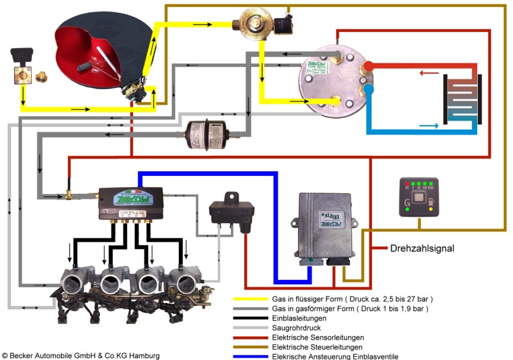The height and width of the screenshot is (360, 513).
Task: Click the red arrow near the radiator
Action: coord(425,73)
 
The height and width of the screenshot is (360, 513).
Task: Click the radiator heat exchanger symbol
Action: coord(462,99)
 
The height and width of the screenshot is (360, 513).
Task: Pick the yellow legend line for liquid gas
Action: coord(250,300)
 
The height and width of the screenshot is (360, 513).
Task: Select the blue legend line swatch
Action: coord(250,357)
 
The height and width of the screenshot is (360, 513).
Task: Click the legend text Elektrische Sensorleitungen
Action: coord(319,338)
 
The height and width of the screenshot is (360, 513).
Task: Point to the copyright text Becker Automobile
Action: coord(80,355)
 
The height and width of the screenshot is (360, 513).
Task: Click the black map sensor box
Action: coord(231,209)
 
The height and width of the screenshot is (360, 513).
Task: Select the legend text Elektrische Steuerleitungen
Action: coord(318,347)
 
